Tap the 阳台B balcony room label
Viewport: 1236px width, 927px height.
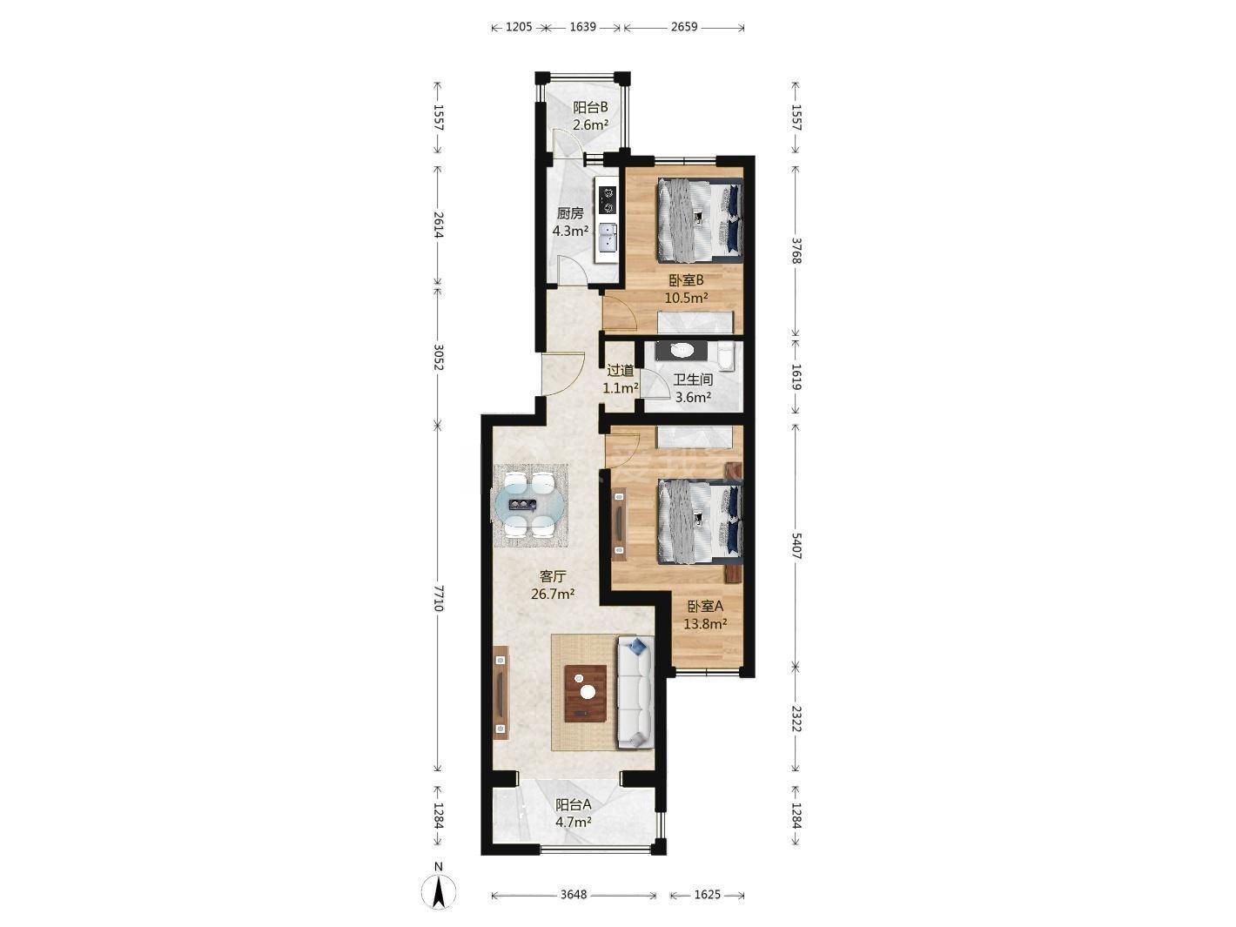590,108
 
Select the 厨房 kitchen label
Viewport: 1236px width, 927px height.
570,213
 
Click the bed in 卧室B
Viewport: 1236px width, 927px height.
700,220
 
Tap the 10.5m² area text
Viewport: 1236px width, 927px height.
686,298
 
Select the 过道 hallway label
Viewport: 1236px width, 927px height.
621,370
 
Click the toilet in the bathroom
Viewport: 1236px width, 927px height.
727,357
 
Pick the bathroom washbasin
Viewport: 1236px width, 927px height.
682,351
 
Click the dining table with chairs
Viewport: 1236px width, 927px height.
530,506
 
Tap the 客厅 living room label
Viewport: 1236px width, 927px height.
552,576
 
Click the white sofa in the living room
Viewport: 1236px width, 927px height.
635,692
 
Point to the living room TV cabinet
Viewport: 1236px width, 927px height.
106,692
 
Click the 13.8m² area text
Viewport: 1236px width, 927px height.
705,623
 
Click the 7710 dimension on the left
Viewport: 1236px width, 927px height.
439,598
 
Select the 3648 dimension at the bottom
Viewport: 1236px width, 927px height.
574,894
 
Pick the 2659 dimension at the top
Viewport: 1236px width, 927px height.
684,26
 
